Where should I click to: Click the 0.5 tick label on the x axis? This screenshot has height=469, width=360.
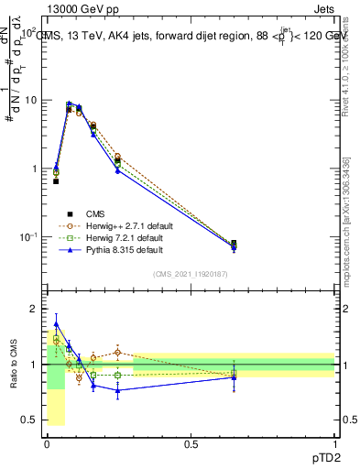point(191,444)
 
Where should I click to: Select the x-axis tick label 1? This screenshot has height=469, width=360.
point(334,444)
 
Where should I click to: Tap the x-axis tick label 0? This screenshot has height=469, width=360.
point(47,444)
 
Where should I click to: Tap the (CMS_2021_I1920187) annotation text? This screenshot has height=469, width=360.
point(191,273)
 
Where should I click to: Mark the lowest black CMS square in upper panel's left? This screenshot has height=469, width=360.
point(56,181)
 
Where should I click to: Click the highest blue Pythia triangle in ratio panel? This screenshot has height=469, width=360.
point(56,323)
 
